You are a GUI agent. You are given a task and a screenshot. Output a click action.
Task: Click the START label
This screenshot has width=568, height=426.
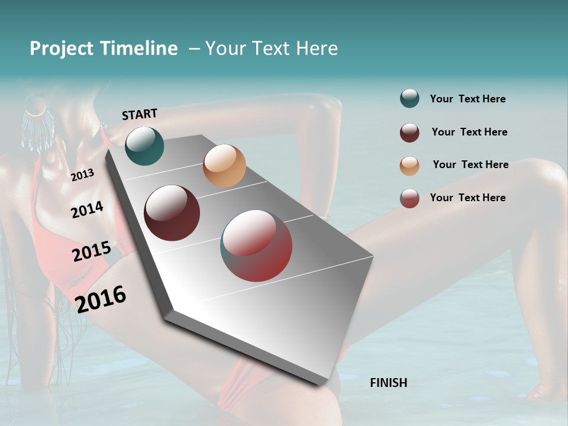coord(140,114)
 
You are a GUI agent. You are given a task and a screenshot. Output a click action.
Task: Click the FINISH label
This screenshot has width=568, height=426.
coord(388,383)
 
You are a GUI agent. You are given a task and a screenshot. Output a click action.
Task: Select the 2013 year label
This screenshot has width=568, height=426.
coord(82,175)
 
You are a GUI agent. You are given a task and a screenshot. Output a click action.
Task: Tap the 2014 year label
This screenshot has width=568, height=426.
coord(87,210)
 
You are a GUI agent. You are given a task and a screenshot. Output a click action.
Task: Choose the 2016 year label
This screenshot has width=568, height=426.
coord(101,299)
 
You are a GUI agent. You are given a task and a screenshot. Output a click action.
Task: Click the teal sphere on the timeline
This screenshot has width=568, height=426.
coord(144,146)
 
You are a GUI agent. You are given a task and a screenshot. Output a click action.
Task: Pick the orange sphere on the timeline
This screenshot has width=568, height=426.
coord(224,166)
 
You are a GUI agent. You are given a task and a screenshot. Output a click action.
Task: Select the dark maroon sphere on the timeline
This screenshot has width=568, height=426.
coord(172,213)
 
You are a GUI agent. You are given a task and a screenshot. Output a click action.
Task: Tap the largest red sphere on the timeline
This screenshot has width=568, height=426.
coord(256,246)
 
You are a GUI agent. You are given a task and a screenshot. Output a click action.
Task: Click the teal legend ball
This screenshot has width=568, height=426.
coord(409,99)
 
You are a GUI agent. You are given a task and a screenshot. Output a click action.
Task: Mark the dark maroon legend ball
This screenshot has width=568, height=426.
coord(409,133)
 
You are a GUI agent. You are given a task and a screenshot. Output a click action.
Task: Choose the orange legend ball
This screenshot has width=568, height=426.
coord(409,166)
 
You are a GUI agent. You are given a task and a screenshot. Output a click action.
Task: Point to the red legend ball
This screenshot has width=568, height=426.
coord(409,198)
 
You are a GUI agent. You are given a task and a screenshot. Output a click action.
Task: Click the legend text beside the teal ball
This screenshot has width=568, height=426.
coord(467,99)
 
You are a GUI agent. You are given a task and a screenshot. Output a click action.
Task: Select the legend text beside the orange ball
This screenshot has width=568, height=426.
coord(470,164)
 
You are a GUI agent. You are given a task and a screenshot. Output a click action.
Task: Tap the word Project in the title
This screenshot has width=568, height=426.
coord(61,49)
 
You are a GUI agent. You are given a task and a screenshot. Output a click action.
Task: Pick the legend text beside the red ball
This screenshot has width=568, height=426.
coord(467,198)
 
